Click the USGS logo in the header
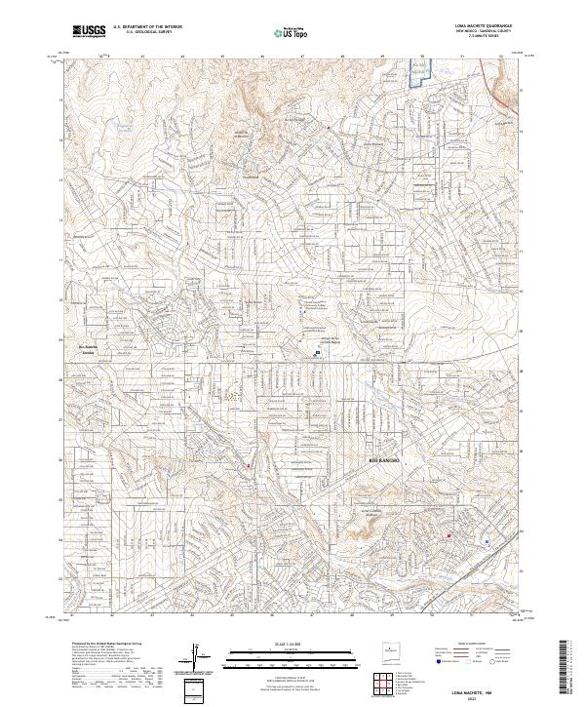click(89, 30)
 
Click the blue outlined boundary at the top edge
click(419, 76)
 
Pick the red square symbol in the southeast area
click(448, 535)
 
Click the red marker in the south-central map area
click(249, 466)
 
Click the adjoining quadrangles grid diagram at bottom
click(384, 686)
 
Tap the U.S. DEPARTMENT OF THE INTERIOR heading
click(147, 26)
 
